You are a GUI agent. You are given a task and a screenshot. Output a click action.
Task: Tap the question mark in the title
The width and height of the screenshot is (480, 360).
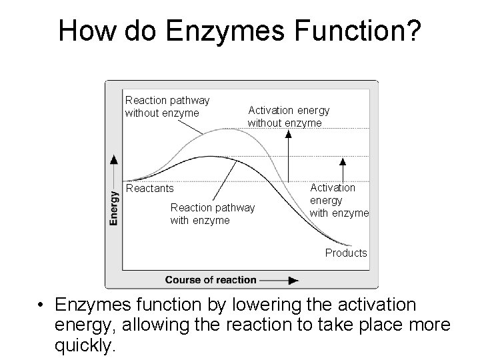coord(413,31)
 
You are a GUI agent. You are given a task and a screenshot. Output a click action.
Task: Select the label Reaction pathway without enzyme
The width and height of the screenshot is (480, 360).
coord(167,106)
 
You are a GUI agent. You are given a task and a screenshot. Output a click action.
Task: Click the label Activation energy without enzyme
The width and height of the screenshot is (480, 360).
coord(288,117)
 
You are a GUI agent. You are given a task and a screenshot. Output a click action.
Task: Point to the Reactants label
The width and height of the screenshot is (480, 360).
coord(149,188)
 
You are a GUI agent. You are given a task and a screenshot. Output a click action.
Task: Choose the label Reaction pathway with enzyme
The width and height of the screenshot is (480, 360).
coord(212,213)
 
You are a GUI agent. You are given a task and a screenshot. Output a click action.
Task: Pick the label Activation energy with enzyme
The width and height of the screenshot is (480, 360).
coord(339,200)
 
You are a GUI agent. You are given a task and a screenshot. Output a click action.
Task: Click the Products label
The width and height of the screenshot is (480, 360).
coord(346,253)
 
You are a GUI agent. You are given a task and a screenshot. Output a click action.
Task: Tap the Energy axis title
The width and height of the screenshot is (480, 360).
coord(115,207)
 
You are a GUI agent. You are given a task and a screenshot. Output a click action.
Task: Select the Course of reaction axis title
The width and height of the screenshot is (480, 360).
coord(211,279)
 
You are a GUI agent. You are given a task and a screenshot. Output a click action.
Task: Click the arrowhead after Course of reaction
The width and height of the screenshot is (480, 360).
coord(292,280)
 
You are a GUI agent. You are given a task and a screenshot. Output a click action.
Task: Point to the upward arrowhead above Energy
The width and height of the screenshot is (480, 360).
coord(115,159)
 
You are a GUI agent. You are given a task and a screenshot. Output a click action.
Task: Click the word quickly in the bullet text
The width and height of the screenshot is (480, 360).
coord(87,345)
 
